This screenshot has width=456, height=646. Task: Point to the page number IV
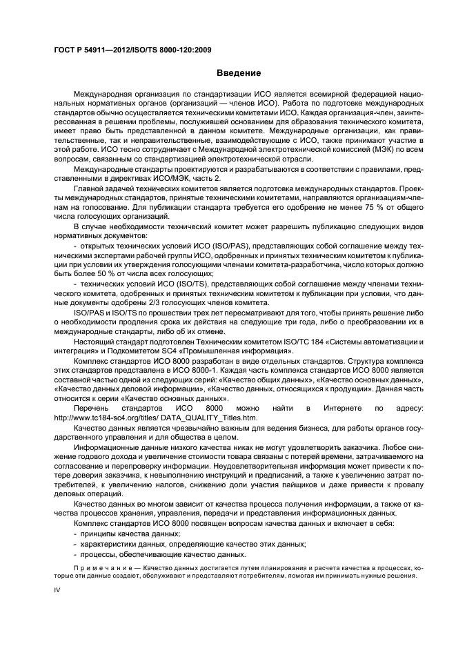click(57, 592)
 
